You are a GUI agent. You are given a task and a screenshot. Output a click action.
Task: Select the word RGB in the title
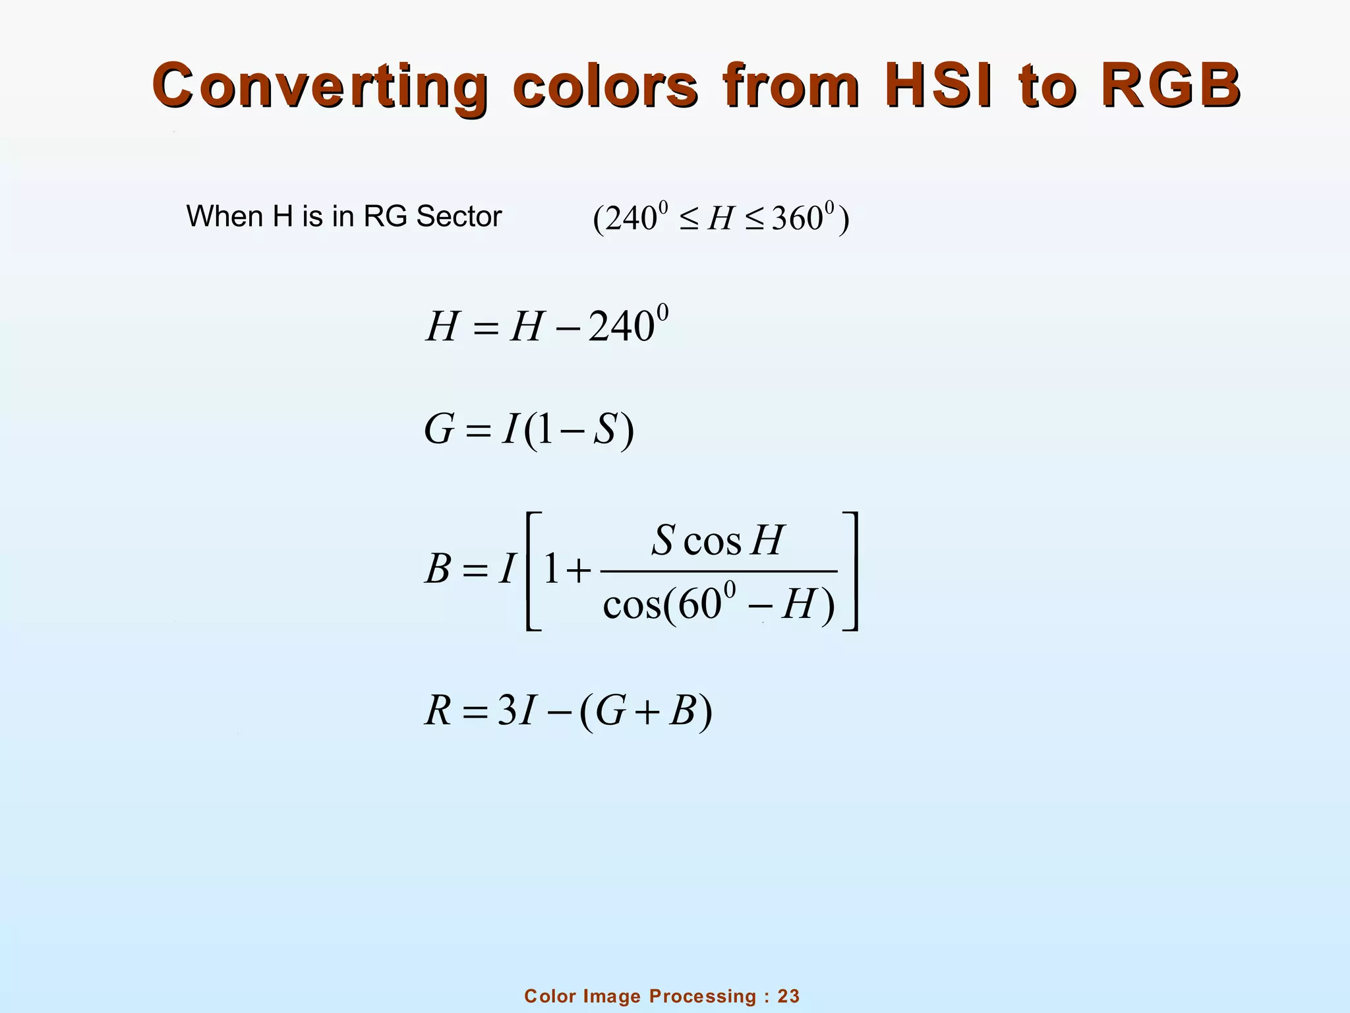point(1170,86)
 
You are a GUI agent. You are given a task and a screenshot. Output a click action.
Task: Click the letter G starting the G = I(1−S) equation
point(439,430)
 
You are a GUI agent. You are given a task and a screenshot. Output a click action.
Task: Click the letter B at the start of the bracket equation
point(438,568)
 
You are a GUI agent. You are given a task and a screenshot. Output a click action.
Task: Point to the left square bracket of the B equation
point(533,571)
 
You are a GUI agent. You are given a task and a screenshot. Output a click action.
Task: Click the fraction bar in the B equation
point(719,571)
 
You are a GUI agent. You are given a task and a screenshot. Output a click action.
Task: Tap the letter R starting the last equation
point(438,712)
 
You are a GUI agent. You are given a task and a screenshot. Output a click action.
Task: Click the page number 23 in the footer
point(788,996)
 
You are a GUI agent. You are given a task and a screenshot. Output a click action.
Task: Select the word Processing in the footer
point(703,996)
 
